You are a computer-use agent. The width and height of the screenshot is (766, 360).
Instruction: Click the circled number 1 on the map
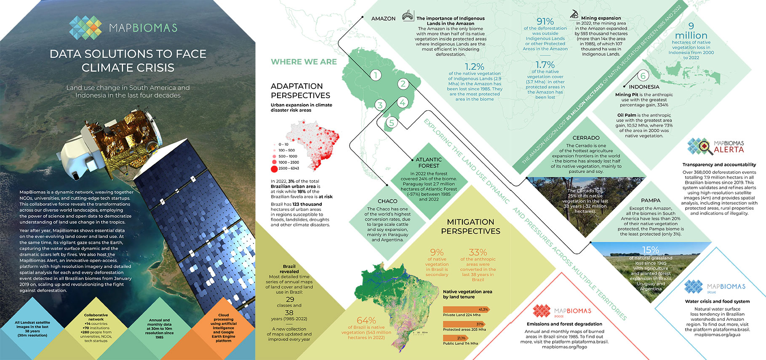pyautogui.click(x=375, y=75)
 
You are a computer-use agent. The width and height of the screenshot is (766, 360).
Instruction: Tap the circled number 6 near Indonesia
pyautogui.click(x=643, y=76)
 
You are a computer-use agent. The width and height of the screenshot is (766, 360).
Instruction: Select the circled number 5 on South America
pyautogui.click(x=392, y=123)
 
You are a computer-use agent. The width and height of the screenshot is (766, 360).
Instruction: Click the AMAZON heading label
pyautogui.click(x=383, y=19)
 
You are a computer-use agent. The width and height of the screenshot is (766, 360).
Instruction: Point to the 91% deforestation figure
pyautogui.click(x=545, y=21)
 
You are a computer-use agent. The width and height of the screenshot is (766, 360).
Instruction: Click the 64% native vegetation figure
pyautogui.click(x=366, y=320)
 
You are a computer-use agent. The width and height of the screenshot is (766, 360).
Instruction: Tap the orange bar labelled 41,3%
pyautogui.click(x=466, y=309)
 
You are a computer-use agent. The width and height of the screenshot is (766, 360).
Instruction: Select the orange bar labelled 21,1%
pyautogui.click(x=455, y=338)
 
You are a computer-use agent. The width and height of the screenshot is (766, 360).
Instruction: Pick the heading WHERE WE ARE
pyautogui.click(x=304, y=62)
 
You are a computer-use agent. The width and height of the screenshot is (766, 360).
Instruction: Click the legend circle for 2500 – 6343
pyautogui.click(x=274, y=169)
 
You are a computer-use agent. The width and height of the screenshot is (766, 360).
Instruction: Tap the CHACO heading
pyautogui.click(x=387, y=201)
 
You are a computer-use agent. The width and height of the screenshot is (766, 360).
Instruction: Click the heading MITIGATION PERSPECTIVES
pyautogui.click(x=470, y=227)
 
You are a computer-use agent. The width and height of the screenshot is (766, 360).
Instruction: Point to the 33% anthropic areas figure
pyautogui.click(x=478, y=252)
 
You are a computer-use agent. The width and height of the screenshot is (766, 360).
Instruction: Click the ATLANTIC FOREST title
pyautogui.click(x=429, y=163)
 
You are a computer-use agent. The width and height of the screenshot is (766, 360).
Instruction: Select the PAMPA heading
pyautogui.click(x=651, y=200)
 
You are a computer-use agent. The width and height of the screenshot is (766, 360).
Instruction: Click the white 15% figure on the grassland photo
pyautogui.click(x=651, y=251)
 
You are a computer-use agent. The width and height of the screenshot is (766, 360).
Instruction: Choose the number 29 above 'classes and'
pyautogui.click(x=290, y=299)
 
